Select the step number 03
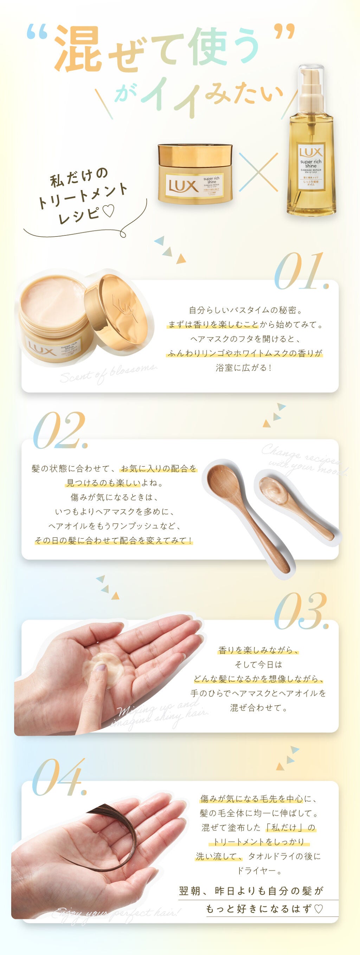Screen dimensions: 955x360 point(300,611)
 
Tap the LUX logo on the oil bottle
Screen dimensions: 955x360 point(311,152)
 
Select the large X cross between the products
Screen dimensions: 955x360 point(258,173)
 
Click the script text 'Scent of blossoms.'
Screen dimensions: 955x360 point(108,373)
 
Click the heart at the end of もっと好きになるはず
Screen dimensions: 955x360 point(318,909)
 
